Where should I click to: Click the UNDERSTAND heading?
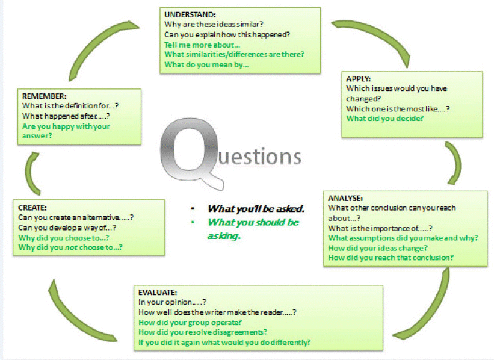pyautogui.click(x=190, y=15)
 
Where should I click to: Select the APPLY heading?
pyautogui.click(x=358, y=79)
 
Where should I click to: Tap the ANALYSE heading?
pyautogui.click(x=345, y=198)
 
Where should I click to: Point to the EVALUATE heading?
pyautogui.click(x=158, y=292)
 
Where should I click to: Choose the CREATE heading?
pyautogui.click(x=32, y=208)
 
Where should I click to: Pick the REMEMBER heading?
pyautogui.click(x=44, y=96)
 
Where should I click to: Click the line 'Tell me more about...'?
pyautogui.click(x=202, y=45)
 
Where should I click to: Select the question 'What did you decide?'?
pyautogui.click(x=385, y=119)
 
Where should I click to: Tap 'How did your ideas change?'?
pyautogui.click(x=378, y=248)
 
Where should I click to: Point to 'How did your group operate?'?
pyautogui.click(x=190, y=323)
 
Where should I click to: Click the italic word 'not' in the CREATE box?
pyautogui.click(x=71, y=248)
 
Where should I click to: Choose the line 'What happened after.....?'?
pyautogui.click(x=66, y=116)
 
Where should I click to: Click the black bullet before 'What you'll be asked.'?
pyautogui.click(x=193, y=209)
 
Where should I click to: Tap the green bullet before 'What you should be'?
pyautogui.click(x=193, y=222)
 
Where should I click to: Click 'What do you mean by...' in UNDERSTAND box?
pyautogui.click(x=206, y=64)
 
